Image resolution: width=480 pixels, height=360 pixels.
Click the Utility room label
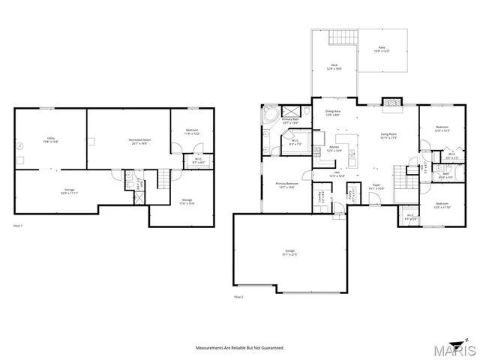(52, 139)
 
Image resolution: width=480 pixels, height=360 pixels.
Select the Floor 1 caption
(18, 225)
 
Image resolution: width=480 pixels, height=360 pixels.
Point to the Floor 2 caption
(238, 297)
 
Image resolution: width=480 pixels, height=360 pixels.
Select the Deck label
(334, 67)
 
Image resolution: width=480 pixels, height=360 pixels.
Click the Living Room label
(387, 136)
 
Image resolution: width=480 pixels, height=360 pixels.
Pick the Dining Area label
(332, 112)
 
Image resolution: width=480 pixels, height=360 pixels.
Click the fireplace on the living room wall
(391, 103)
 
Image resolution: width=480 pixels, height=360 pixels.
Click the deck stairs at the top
(342, 39)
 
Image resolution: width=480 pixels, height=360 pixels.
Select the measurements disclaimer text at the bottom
(239, 348)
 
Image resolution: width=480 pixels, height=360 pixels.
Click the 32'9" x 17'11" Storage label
(70, 192)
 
